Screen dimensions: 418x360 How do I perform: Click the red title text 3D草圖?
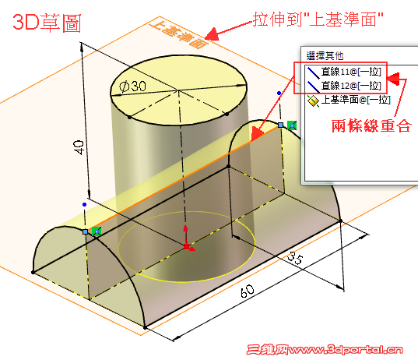tap(47, 23)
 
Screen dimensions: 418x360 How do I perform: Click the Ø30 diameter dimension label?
tap(132, 86)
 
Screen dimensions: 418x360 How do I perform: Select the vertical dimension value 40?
tap(79, 147)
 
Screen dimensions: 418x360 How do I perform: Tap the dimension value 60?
tap(248, 291)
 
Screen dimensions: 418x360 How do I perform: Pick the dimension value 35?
tap(295, 259)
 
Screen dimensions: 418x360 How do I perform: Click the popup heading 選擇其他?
tap(325, 56)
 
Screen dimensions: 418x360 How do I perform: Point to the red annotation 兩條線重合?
tap(371, 125)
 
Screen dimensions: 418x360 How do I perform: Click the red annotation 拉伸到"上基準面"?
tap(318, 19)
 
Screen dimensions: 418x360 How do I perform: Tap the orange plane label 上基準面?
tap(178, 36)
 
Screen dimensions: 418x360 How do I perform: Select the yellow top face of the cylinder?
tap(178, 90)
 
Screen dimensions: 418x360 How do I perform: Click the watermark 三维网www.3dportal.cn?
tap(325, 349)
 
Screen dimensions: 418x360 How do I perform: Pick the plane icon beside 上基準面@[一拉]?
tap(313, 101)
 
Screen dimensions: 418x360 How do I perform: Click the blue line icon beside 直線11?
tap(313, 72)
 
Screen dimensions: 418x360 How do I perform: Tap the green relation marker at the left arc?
tap(97, 231)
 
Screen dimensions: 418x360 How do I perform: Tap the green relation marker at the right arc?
tap(292, 125)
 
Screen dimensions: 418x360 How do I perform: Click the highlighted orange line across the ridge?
tap(188, 178)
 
